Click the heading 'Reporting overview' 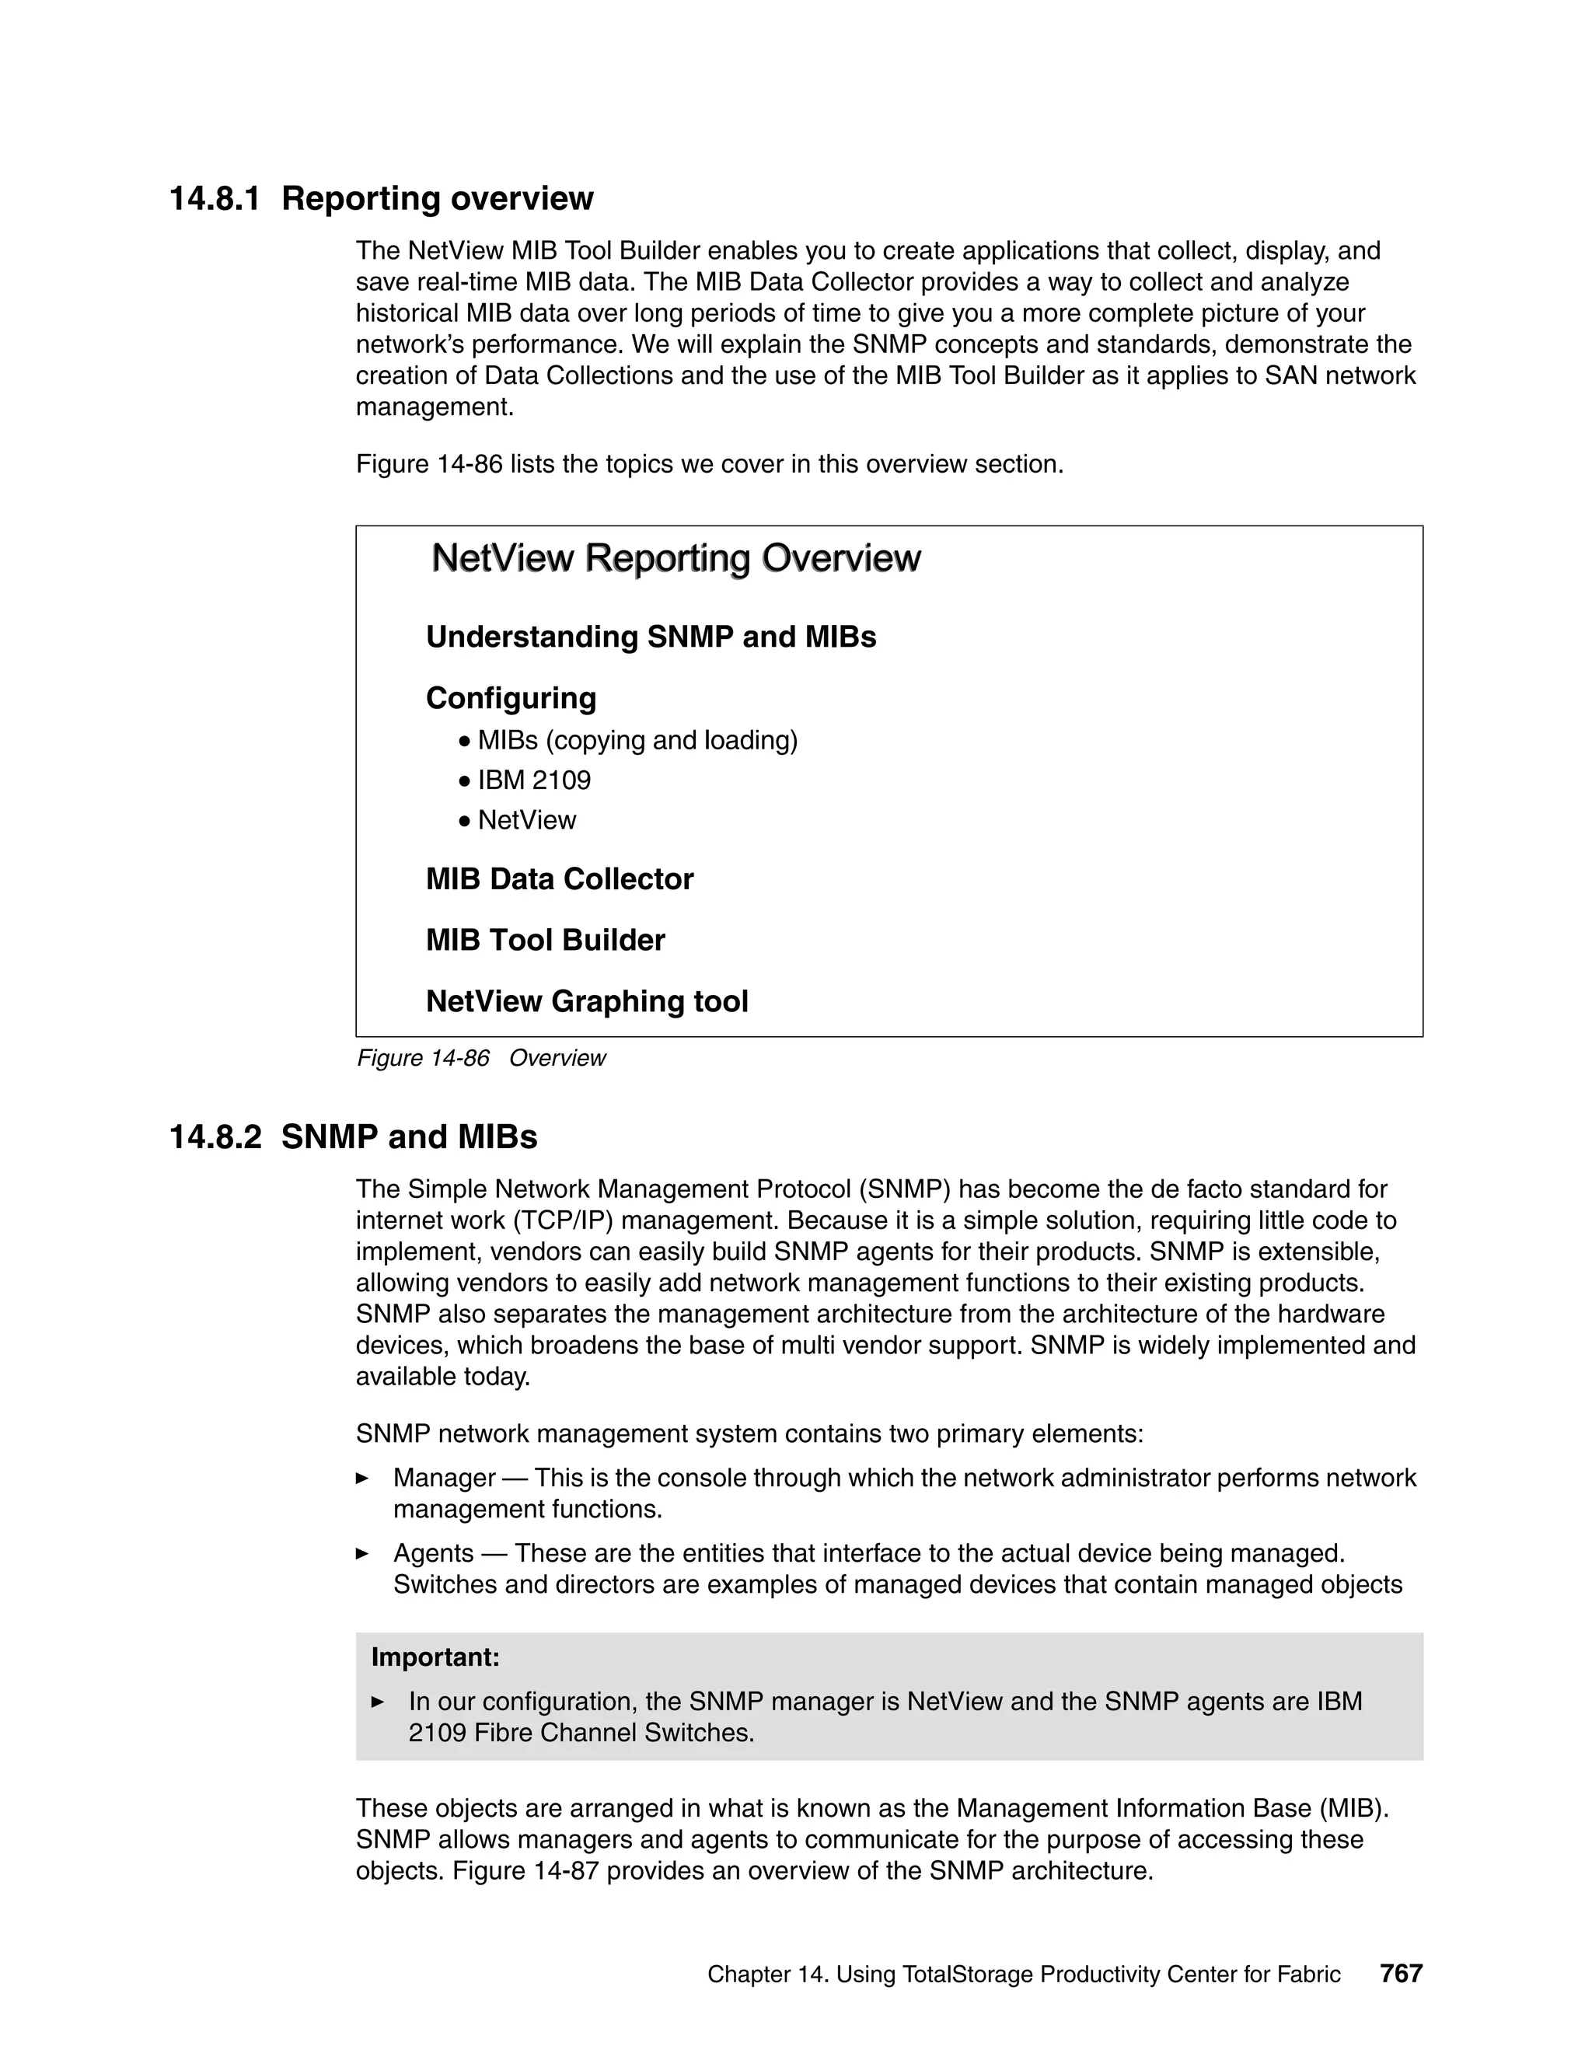pos(437,199)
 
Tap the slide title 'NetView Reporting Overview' pos(676,558)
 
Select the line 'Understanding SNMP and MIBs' pos(651,637)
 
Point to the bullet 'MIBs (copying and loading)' pos(637,740)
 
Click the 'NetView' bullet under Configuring pos(526,821)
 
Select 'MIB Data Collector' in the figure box pos(559,879)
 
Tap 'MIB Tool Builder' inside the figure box pos(545,941)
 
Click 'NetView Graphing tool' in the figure pos(587,1002)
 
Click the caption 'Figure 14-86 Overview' pos(481,1058)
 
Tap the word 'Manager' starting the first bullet pos(444,1478)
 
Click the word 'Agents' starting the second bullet pos(433,1553)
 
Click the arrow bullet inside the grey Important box pos(379,1702)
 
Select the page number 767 pos(1401,1974)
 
